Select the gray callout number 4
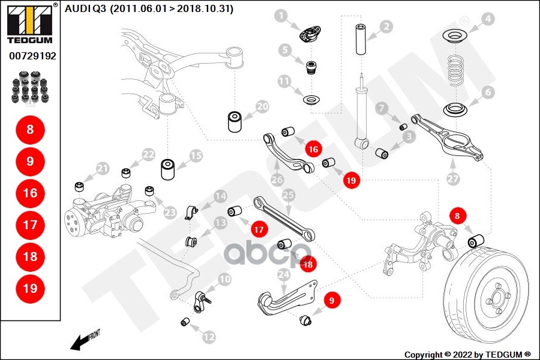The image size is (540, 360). pos(488,19)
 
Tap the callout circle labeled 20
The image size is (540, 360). pos(263,107)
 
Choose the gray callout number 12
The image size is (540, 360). pos(208,337)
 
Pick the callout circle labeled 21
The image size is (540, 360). pos(103,168)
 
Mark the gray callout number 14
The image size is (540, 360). pos(220,196)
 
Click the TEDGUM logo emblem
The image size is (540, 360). pos(29,22)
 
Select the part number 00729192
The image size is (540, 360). pos(32,55)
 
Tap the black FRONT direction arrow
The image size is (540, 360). pos(81,342)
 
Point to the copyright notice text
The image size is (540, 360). pos(467,354)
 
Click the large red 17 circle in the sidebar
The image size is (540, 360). pos(30,225)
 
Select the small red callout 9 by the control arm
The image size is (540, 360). pos(331,296)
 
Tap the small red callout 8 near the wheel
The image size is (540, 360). pos(458,214)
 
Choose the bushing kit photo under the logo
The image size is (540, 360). pos(30,86)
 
